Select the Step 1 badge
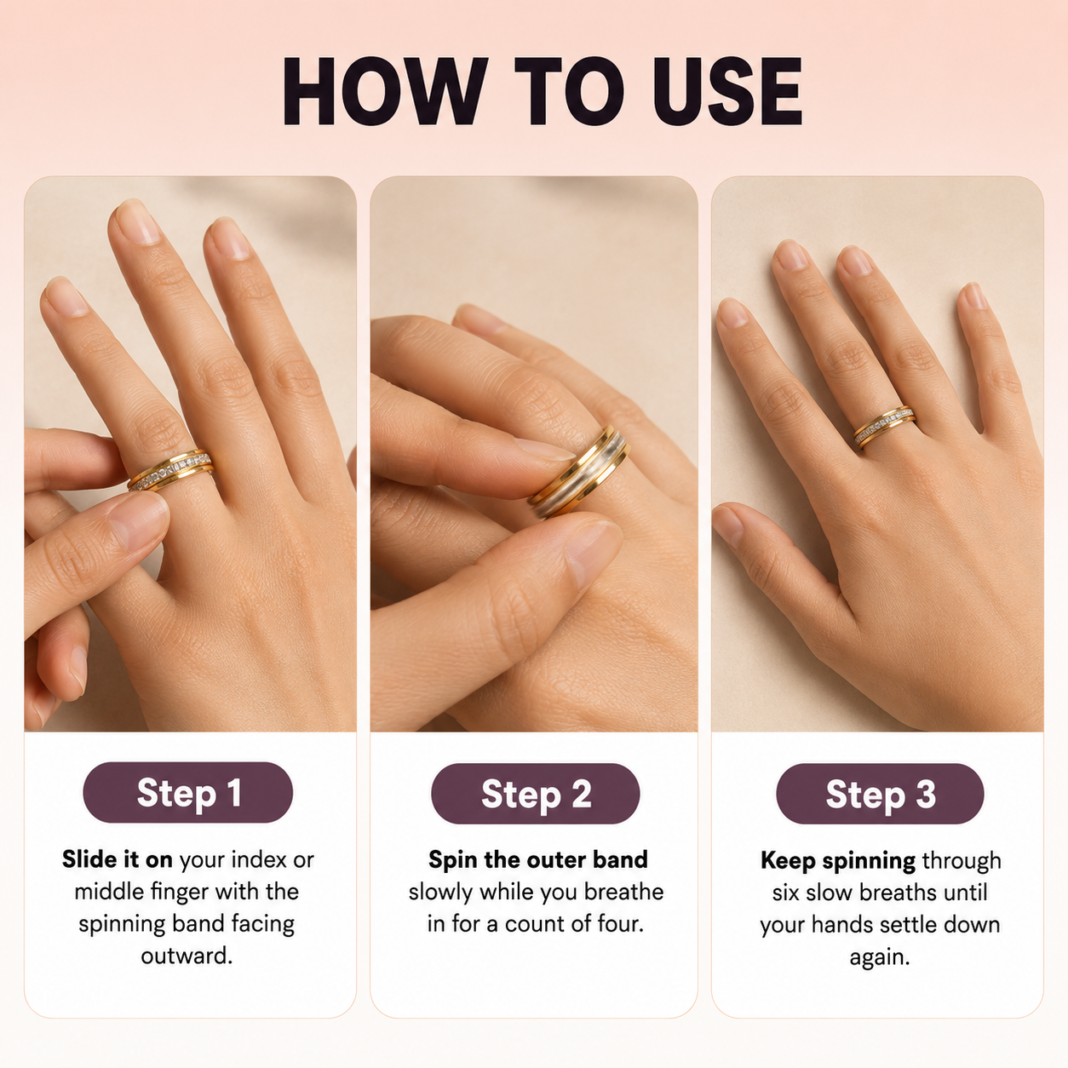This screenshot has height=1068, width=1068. (188, 793)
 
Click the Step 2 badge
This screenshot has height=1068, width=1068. (536, 794)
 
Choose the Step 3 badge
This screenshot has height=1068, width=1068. (880, 794)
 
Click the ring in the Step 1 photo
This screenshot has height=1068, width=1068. (170, 470)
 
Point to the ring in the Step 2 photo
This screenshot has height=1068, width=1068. (579, 472)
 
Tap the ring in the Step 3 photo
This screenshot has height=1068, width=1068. (885, 426)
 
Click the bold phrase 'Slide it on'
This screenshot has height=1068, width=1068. (118, 859)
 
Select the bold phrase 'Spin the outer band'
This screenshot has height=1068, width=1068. (538, 859)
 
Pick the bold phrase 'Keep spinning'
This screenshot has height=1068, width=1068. (838, 861)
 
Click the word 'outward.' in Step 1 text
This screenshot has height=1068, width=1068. (187, 956)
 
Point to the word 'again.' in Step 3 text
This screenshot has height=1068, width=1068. (880, 958)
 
